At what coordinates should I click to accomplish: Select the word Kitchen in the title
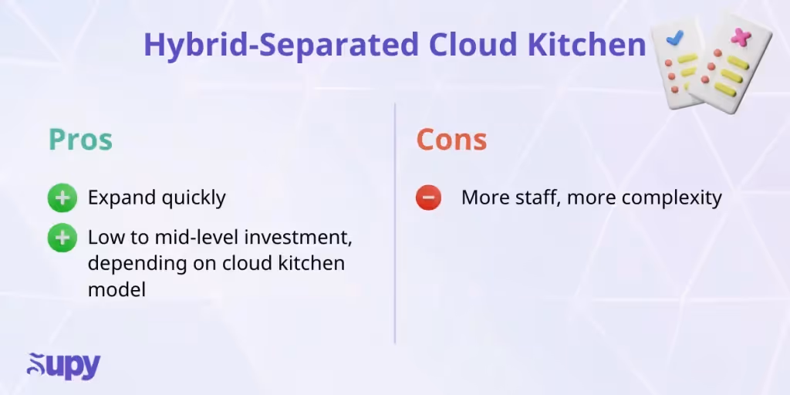586,46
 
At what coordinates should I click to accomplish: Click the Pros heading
80,140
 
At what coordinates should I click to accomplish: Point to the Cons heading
451,140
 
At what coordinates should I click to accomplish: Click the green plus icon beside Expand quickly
62,198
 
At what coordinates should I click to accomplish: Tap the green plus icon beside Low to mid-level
62,238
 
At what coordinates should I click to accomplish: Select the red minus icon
428,198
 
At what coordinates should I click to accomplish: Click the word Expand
121,198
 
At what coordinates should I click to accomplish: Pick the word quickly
193,198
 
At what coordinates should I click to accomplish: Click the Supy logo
63,366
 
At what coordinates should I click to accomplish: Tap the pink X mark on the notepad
741,36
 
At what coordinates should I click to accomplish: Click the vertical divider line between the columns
395,224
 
